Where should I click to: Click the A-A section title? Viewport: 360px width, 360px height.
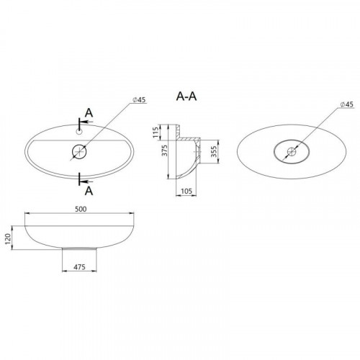pyautogui.click(x=186, y=96)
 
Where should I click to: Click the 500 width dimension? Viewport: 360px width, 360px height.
pyautogui.click(x=81, y=209)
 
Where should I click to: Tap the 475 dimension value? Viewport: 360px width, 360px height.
pyautogui.click(x=79, y=267)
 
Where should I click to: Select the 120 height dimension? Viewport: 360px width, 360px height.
pyautogui.click(x=8, y=239)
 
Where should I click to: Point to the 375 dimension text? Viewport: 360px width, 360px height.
pyautogui.click(x=165, y=150)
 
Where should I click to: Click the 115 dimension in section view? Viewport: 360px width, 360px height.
pyautogui.click(x=156, y=132)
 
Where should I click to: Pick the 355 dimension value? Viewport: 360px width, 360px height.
pyautogui.click(x=214, y=151)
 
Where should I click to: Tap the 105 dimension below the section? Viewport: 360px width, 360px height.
pyautogui.click(x=186, y=191)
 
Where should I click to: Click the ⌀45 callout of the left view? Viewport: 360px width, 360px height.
pyautogui.click(x=139, y=100)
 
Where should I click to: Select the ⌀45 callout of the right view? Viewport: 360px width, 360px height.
pyautogui.click(x=347, y=104)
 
